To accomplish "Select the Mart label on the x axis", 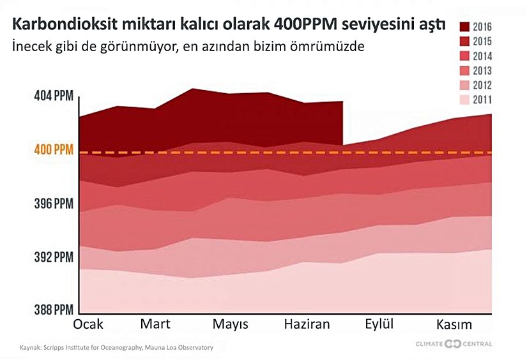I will click(x=155, y=324).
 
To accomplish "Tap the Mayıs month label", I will click(x=230, y=325).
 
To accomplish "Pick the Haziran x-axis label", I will click(x=307, y=324).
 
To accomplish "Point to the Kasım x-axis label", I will click(x=454, y=324).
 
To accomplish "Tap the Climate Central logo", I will click(x=453, y=345).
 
